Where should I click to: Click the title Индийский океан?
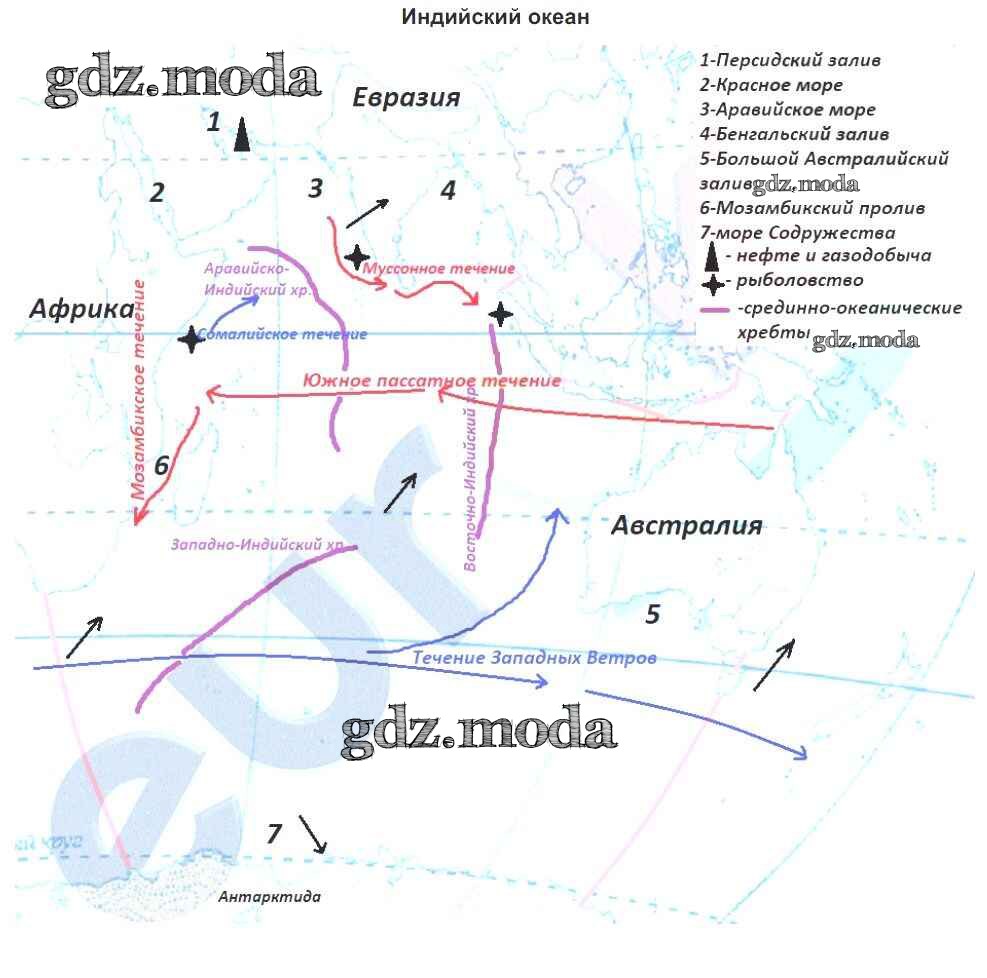[x=495, y=17]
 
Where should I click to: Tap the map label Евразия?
[x=406, y=97]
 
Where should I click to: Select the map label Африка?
[x=81, y=309]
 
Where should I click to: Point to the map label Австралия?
[x=687, y=526]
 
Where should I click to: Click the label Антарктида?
[x=270, y=897]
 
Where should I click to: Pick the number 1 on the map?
[x=213, y=123]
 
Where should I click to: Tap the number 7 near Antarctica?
[x=274, y=832]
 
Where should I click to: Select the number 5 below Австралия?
[x=652, y=614]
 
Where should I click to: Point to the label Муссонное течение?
[x=439, y=269]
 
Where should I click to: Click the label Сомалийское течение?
[x=283, y=334]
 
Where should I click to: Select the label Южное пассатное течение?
[x=431, y=381]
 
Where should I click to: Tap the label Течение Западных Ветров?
[x=534, y=657]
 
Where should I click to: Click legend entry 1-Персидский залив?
[x=790, y=60]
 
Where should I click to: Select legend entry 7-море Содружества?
[x=797, y=233]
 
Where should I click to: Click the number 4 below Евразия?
[x=448, y=190]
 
